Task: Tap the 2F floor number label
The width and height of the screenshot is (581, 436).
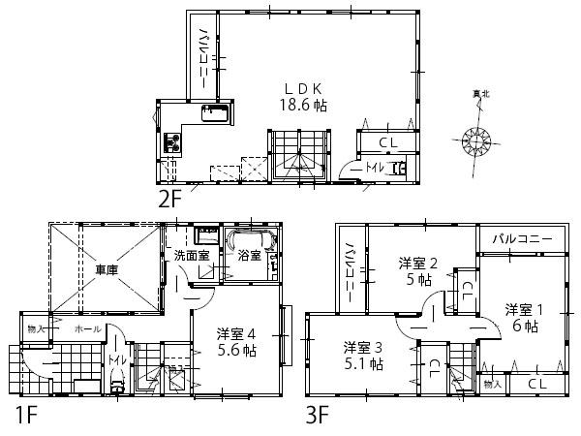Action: (x=170, y=200)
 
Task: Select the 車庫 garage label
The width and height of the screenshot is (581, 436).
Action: (x=106, y=270)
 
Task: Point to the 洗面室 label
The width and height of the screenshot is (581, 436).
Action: (x=191, y=257)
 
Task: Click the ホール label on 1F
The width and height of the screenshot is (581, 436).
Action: (x=87, y=329)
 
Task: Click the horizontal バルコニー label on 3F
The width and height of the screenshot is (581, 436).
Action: (x=521, y=238)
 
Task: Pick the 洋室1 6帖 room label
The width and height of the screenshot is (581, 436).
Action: (x=526, y=318)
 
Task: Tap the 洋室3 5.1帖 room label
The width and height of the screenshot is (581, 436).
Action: (x=363, y=356)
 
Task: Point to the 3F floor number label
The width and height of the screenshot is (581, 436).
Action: (x=318, y=419)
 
